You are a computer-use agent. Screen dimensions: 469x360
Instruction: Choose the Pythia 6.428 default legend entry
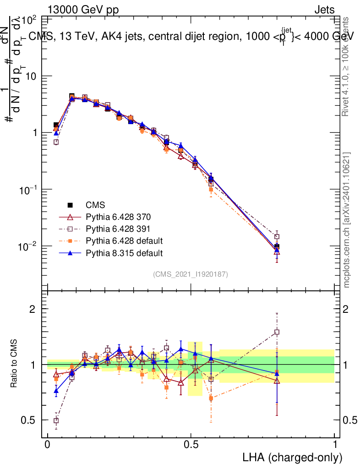click(118, 240)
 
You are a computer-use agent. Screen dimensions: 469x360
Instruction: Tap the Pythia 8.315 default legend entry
click(118, 252)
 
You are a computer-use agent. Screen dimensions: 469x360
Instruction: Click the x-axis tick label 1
click(335, 445)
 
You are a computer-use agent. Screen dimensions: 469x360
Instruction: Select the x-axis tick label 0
click(48, 445)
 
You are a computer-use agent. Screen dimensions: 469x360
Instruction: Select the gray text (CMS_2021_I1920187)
click(191, 274)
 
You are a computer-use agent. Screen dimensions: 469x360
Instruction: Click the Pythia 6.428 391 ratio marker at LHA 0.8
click(277, 332)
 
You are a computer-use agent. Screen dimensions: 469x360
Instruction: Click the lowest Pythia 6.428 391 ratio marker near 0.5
click(56, 420)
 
